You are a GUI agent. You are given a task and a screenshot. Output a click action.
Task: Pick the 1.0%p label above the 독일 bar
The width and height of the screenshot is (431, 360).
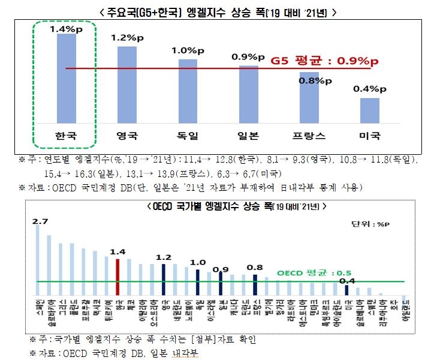pyautogui.click(x=188, y=51)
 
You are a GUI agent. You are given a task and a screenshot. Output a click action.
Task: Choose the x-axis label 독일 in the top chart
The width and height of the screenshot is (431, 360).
pyautogui.click(x=187, y=136)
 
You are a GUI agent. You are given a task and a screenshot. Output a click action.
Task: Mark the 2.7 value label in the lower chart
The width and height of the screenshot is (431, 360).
pyautogui.click(x=41, y=221)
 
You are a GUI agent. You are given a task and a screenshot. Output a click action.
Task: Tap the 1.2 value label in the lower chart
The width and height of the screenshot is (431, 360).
pyautogui.click(x=163, y=257)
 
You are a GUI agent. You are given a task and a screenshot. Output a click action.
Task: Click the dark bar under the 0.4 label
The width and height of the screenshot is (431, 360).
pyautogui.click(x=346, y=289)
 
